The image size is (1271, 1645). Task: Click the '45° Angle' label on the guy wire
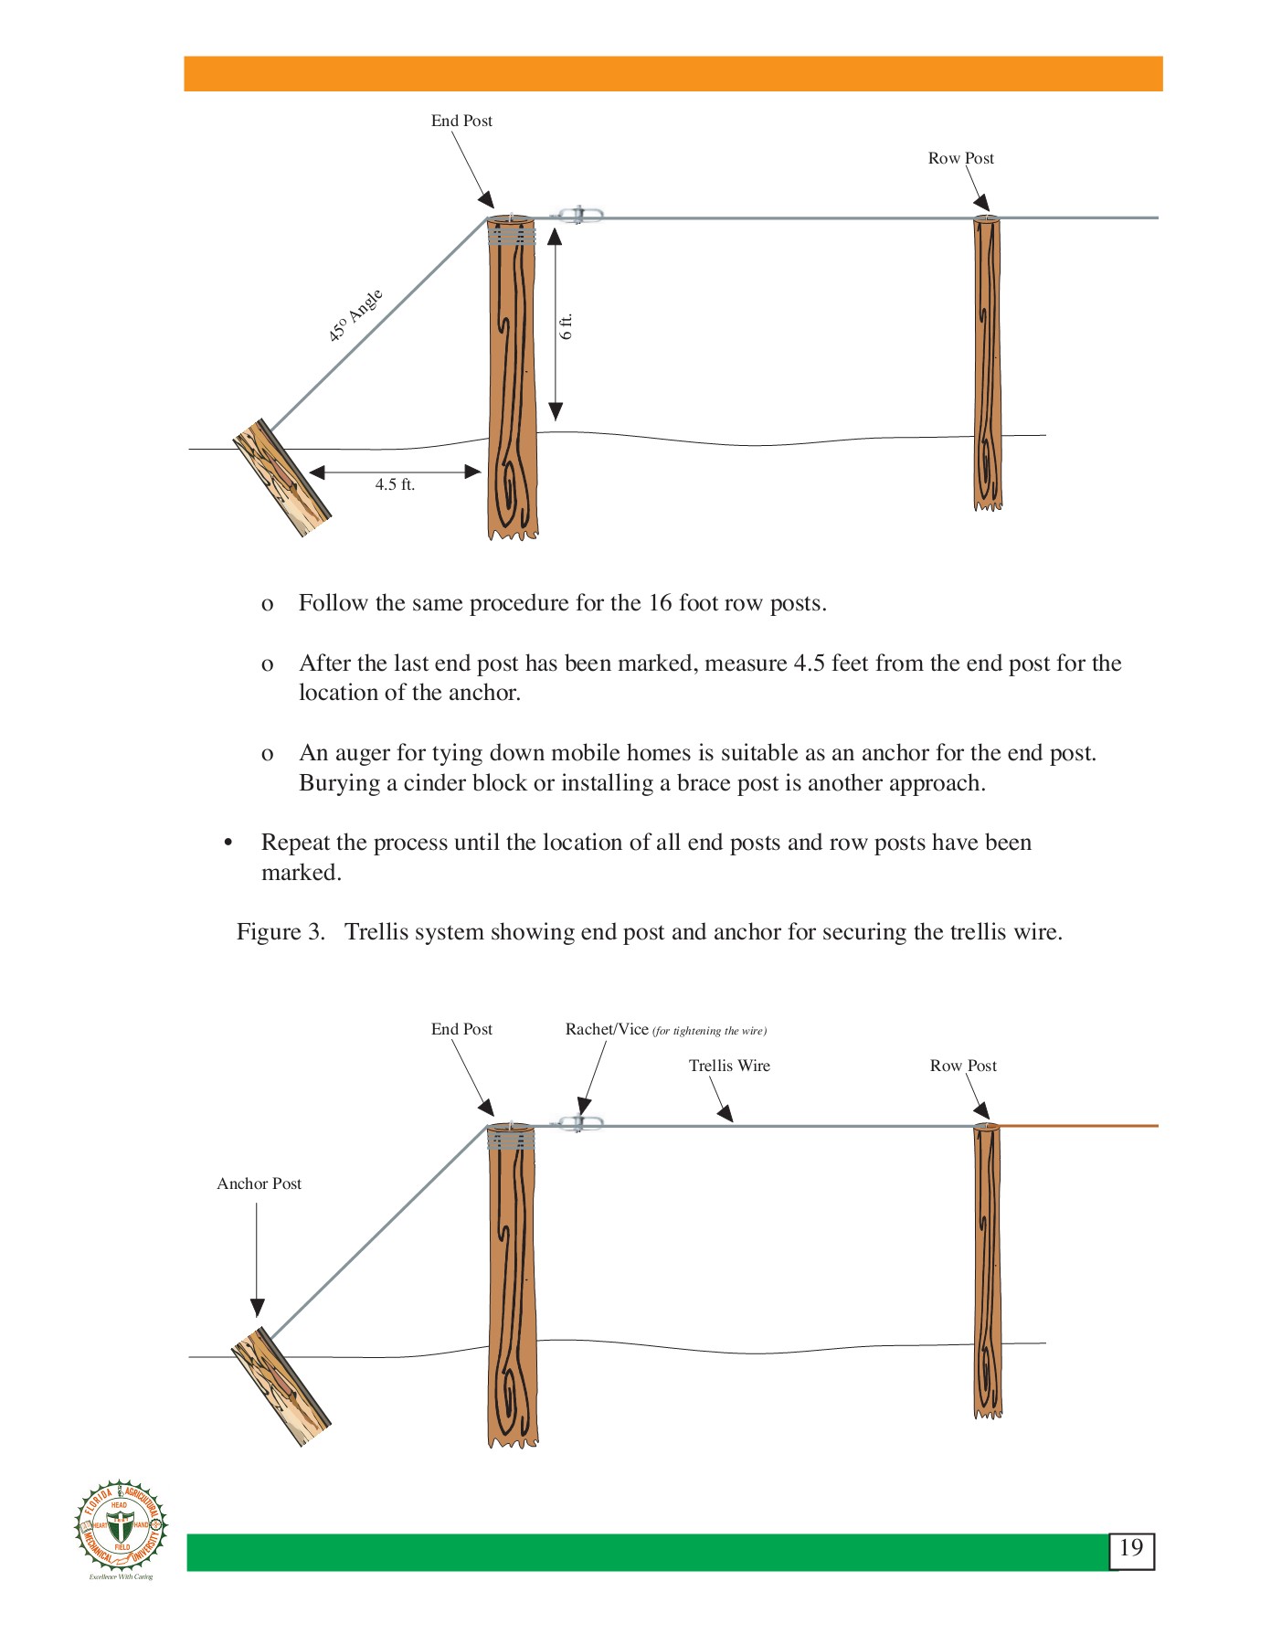pos(355,315)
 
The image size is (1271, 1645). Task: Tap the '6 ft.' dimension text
pos(567,326)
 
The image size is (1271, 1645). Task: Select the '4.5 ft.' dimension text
pos(395,485)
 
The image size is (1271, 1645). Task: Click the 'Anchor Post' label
pos(259,1183)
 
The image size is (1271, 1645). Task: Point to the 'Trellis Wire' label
pos(729,1066)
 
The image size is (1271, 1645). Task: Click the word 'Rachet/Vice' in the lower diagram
pos(606,1029)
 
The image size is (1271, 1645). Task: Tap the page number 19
pos(1131,1548)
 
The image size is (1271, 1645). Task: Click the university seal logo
pos(121,1525)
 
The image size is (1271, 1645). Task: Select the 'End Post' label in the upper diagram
pos(461,121)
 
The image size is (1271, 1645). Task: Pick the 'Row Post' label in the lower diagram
pos(963,1066)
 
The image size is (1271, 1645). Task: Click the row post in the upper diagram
pos(987,366)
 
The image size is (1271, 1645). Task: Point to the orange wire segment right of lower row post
pos(1078,1126)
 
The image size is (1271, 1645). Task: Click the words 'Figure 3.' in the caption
pos(281,932)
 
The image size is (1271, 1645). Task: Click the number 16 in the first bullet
pos(660,603)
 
